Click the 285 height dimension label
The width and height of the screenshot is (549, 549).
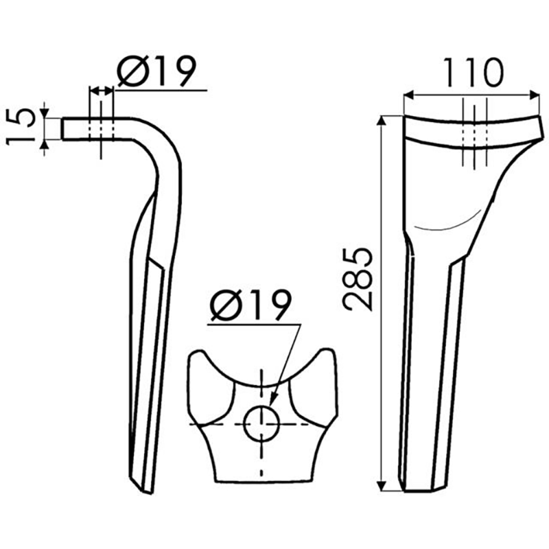(x=356, y=279)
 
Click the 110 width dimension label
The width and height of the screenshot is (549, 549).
(x=474, y=73)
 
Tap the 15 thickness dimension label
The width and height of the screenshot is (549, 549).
(x=21, y=127)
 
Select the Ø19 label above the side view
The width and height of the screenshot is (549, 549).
(x=156, y=71)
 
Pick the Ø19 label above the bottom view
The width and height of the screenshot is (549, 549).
(x=250, y=305)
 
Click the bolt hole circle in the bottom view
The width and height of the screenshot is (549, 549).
(x=261, y=424)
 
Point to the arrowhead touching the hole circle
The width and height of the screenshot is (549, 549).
(x=273, y=400)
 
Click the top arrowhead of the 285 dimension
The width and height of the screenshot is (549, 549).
(x=382, y=121)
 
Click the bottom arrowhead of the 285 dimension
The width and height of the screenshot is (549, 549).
(x=382, y=486)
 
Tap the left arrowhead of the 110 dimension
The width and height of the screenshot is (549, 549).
(x=409, y=95)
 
